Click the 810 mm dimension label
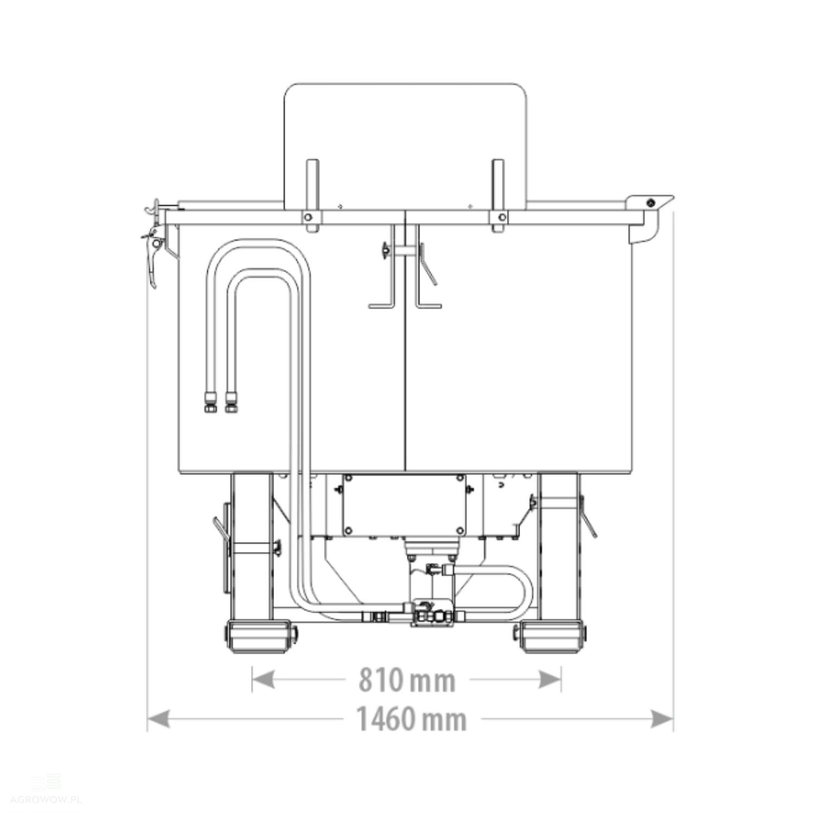coord(406,679)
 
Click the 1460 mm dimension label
coord(411,719)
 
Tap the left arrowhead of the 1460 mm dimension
coord(158,720)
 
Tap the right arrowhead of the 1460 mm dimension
coord(662,720)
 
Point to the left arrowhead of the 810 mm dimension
coord(263,679)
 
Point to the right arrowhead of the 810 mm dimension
coord(550,679)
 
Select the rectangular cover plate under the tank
coord(404,505)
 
